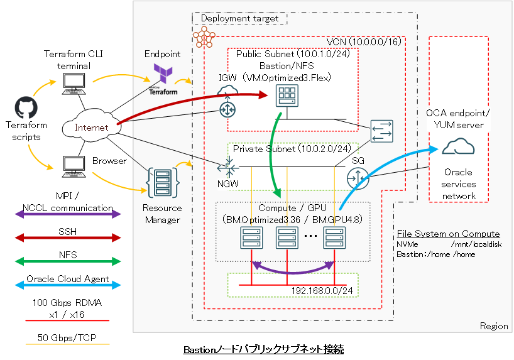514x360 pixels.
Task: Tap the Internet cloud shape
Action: (91, 127)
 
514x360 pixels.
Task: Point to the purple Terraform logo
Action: (163, 74)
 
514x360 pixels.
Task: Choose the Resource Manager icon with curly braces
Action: (162, 182)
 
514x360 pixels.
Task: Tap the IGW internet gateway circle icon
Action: (227, 109)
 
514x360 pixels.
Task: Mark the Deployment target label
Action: (239, 19)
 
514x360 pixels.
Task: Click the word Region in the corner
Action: (493, 325)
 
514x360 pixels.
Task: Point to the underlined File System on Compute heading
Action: (448, 234)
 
